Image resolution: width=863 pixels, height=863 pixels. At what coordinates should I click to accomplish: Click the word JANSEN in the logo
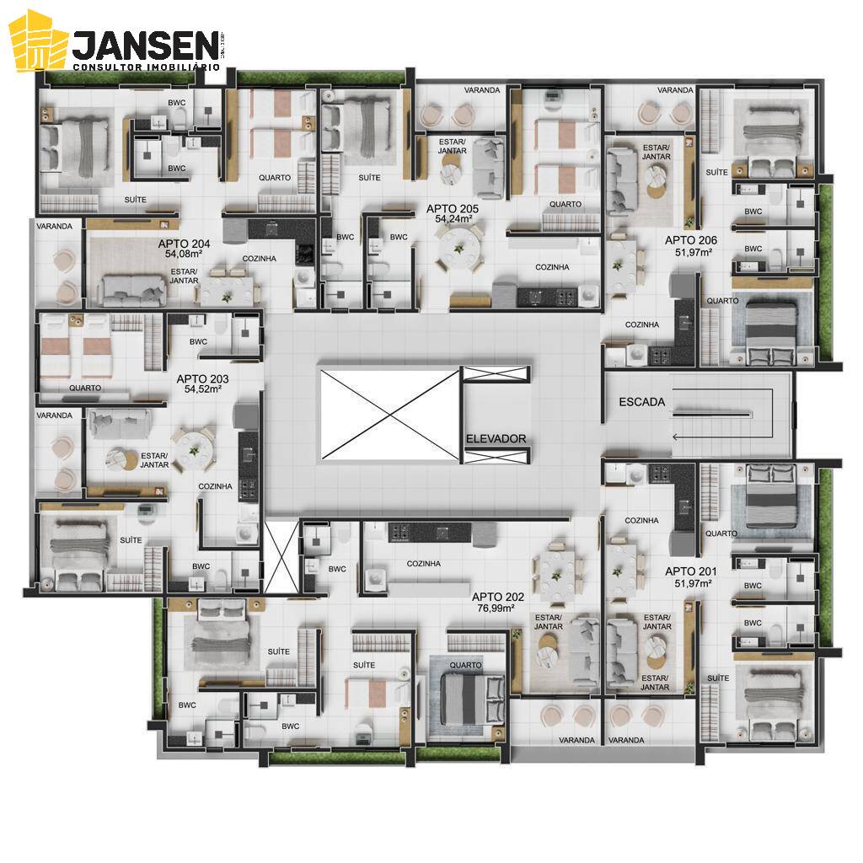point(144,44)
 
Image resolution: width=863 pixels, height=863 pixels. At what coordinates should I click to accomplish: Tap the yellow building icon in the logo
point(38,41)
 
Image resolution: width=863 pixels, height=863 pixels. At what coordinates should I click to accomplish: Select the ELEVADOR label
point(496,438)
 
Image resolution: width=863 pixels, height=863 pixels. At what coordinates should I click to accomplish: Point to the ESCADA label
point(642,402)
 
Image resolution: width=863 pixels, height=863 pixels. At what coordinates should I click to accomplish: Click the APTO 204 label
point(182,243)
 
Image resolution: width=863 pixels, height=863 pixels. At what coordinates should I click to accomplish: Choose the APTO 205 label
point(452,208)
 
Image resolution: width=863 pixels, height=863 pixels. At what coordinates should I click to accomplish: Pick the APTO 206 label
point(690,240)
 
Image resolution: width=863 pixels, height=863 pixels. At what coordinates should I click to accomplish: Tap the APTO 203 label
point(202,379)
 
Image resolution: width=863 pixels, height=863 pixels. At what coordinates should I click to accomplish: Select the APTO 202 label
point(497,597)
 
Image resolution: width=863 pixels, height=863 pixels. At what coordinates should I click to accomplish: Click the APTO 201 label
point(690,571)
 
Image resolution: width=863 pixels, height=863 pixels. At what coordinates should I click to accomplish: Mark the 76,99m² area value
point(497,608)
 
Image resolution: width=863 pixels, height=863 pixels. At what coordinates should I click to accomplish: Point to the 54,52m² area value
point(202,390)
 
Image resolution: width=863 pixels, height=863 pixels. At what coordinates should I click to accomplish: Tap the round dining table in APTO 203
point(194,447)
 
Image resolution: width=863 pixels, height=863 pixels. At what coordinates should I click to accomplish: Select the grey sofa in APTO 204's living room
point(132,289)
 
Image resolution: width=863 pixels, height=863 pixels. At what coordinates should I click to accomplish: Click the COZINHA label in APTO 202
point(423,564)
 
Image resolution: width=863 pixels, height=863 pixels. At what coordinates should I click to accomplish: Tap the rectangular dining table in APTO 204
point(227,289)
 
